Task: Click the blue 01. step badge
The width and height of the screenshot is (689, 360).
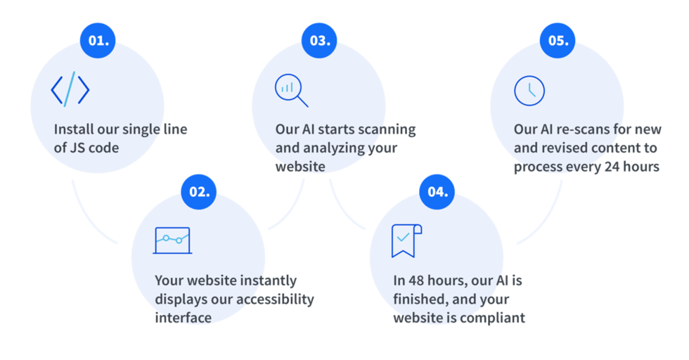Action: coord(98,41)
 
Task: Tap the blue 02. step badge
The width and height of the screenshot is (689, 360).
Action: coord(198,192)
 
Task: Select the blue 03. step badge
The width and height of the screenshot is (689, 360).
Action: coord(319,41)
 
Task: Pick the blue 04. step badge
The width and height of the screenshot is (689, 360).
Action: coord(437,192)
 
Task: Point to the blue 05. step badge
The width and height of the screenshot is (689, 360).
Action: coord(557,41)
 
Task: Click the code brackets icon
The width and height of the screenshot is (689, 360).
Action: coord(70,89)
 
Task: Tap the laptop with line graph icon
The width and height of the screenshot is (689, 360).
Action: coord(172,240)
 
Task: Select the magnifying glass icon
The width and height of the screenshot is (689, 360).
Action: coord(291,90)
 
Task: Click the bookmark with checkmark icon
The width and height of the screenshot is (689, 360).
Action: coord(406,240)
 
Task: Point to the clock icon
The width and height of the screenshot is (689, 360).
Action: coord(529,91)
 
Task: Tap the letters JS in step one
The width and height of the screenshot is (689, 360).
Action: coord(77,148)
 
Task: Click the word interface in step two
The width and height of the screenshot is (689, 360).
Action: coord(183,318)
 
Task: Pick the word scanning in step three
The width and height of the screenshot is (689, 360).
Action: coord(388,129)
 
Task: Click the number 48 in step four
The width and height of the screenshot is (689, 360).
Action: coord(416,281)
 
